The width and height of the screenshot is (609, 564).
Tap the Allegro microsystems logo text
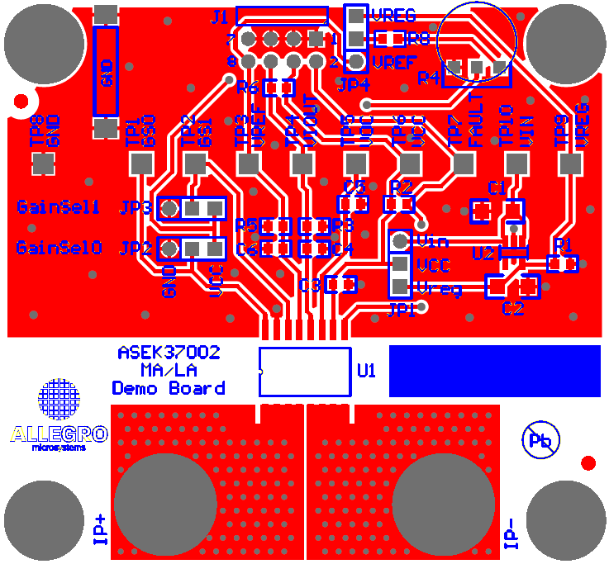tap(59, 435)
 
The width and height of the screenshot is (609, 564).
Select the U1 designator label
tap(366, 372)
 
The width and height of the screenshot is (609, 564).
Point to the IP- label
tap(511, 533)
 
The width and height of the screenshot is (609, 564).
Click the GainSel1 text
tap(59, 206)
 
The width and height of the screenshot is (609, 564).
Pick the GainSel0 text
tap(59, 247)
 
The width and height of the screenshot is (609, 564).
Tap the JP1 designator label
tap(402, 310)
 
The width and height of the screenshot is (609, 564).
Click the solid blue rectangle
tap(494, 371)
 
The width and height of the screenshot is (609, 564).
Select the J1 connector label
tap(221, 17)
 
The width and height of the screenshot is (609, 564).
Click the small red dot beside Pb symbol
tap(588, 463)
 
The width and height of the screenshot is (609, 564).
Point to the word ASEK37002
tap(169, 353)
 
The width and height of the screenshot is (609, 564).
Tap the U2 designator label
tap(483, 253)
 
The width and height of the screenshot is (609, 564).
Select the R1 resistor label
tap(564, 244)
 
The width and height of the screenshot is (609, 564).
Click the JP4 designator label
tap(354, 83)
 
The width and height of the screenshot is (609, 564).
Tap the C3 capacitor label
tap(310, 286)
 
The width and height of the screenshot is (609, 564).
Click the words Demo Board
tap(169, 388)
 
